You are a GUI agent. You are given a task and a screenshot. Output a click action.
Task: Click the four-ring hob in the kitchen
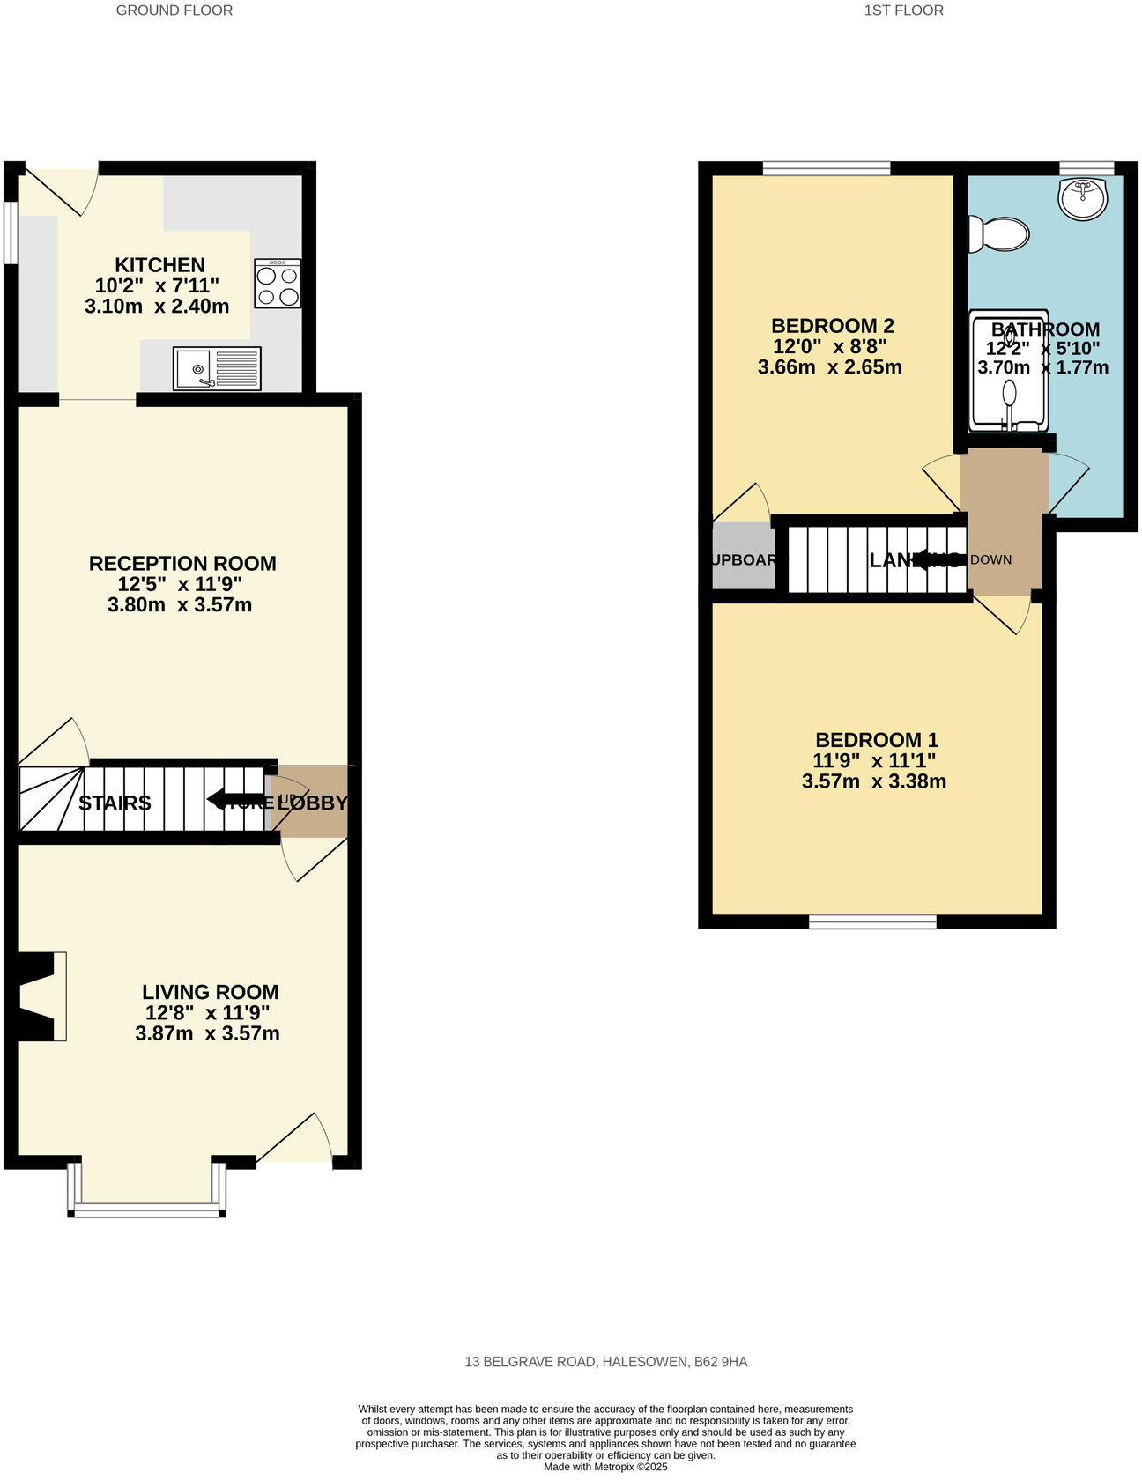[278, 284]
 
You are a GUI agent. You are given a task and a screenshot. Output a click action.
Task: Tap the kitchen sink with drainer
[218, 368]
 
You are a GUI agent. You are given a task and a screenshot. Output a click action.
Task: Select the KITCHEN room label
[159, 264]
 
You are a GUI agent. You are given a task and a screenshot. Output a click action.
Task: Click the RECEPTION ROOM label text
[182, 563]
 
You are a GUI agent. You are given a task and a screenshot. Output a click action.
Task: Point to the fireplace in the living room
[40, 996]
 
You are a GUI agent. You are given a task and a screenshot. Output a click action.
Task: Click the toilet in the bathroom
[998, 235]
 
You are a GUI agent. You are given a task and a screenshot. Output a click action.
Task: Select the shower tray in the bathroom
[1008, 372]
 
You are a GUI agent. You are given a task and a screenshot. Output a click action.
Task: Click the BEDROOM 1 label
[876, 740]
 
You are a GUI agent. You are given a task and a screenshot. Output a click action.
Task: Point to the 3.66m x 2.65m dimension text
[829, 367]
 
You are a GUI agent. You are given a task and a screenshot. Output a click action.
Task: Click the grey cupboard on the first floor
[743, 557]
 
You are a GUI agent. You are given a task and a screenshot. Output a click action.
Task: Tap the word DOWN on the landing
[990, 559]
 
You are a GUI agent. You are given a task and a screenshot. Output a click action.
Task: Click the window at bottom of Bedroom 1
[872, 921]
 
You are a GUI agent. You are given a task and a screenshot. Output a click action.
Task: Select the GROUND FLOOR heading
[174, 11]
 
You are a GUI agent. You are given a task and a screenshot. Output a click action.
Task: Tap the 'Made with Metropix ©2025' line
[605, 1468]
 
